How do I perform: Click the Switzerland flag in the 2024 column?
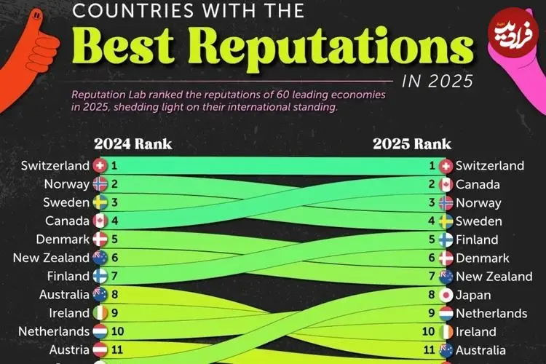[x=100, y=166]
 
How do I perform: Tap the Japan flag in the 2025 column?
[x=446, y=295]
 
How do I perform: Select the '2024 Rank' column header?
[x=133, y=143]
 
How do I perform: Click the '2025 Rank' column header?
[x=412, y=143]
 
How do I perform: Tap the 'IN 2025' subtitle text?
[x=435, y=80]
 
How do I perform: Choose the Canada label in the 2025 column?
[x=478, y=185]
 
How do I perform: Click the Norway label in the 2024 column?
[x=66, y=184]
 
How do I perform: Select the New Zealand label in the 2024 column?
[x=52, y=258]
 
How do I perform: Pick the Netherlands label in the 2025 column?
[x=491, y=313]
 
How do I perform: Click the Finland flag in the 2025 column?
[x=446, y=240]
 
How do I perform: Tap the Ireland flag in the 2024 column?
[x=100, y=313]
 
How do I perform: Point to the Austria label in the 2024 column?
[x=69, y=350]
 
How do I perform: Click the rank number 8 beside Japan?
[x=432, y=295]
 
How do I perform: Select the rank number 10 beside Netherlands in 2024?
[x=118, y=331]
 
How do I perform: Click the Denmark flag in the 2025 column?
[x=446, y=258]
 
